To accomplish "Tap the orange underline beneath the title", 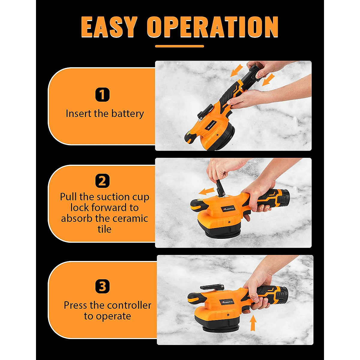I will pyautogui.click(x=179, y=46).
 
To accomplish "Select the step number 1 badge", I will pyautogui.click(x=102, y=95).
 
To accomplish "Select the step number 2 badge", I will pyautogui.click(x=102, y=181).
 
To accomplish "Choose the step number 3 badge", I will pyautogui.click(x=102, y=286).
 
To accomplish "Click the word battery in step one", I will pyautogui.click(x=127, y=114).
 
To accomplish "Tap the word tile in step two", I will pyautogui.click(x=104, y=229).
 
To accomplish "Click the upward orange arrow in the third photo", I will pyautogui.click(x=253, y=324).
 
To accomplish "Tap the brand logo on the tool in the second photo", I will pyautogui.click(x=229, y=208).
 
